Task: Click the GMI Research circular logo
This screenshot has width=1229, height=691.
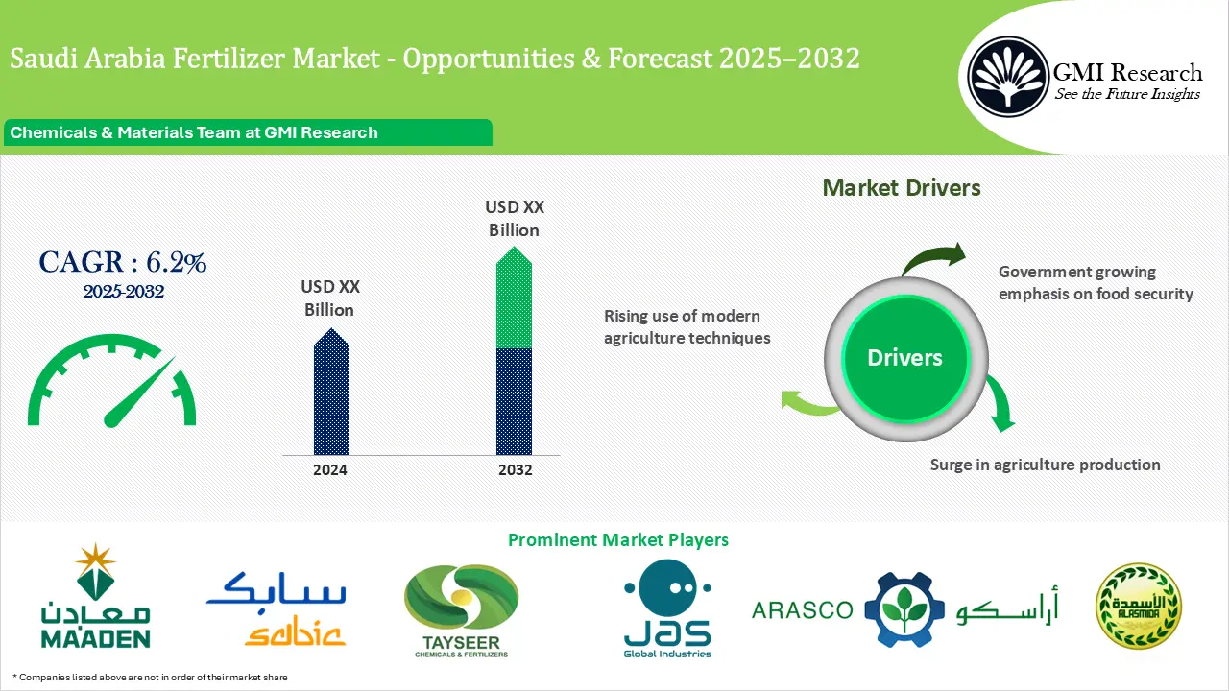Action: [1008, 74]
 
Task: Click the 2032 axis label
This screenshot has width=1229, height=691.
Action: [515, 470]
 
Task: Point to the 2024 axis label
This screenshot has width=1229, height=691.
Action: [330, 470]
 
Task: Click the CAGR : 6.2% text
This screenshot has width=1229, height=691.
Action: [122, 262]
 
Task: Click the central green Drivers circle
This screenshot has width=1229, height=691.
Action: [904, 358]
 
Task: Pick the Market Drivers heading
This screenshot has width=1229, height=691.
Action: [902, 188]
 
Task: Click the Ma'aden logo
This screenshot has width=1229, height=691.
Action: [95, 597]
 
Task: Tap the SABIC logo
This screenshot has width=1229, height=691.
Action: [276, 607]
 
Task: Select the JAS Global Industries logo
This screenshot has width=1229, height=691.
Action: [667, 608]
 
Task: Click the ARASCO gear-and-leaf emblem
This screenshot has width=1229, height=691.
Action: [899, 609]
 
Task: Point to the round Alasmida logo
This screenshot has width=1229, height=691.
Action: [1139, 606]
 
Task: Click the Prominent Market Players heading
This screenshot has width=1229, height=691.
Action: [617, 540]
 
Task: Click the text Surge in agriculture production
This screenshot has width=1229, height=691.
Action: [1045, 465]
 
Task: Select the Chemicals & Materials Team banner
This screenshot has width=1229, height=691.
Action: [248, 132]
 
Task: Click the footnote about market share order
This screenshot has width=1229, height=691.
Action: [150, 678]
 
